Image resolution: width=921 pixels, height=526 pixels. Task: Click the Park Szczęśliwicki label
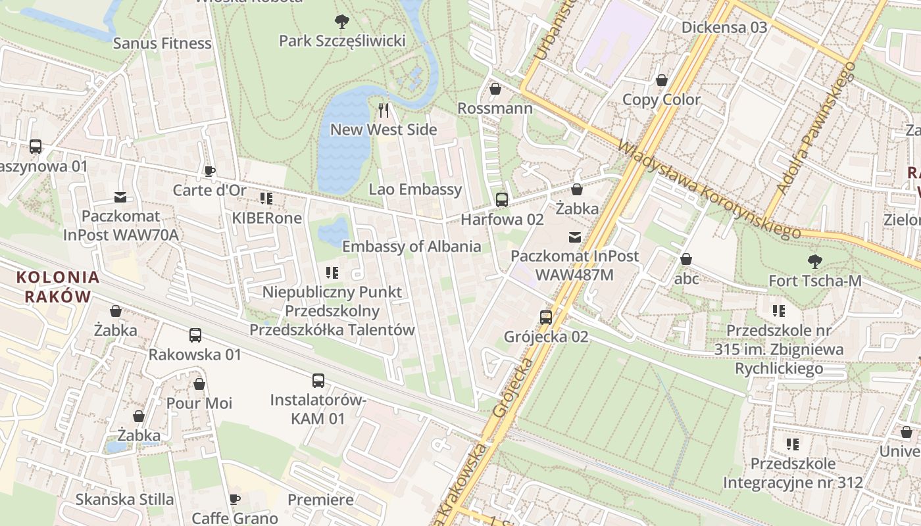[x=342, y=41]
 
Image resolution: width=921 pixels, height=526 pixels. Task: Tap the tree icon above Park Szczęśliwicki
[x=341, y=22]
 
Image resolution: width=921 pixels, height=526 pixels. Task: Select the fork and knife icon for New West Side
[x=384, y=110]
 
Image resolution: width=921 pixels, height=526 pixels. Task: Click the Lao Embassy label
[x=415, y=189]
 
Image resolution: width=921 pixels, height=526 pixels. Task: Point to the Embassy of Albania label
[x=411, y=247]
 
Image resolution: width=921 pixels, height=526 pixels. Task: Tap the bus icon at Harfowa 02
[x=502, y=199]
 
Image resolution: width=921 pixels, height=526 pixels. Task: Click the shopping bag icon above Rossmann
[x=495, y=88]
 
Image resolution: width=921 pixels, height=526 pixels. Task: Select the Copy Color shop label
[x=661, y=100]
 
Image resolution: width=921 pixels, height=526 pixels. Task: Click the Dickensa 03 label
[x=724, y=27]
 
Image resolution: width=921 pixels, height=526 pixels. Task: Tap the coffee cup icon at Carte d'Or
[x=210, y=171]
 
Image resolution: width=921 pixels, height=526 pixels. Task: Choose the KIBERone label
[x=266, y=218]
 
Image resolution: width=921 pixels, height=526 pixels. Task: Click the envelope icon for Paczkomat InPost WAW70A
[x=120, y=197]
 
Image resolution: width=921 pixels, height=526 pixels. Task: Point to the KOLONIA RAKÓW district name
[x=58, y=287]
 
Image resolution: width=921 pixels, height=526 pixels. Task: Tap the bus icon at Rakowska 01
[x=195, y=335]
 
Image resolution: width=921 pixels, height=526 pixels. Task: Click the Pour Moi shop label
[x=199, y=402]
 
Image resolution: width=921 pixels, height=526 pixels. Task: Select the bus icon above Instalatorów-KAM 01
[x=318, y=380]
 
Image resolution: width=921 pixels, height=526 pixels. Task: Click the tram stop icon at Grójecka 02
[x=546, y=317]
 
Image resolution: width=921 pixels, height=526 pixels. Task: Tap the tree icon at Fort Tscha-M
[x=814, y=261]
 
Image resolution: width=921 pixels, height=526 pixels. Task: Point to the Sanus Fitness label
[x=162, y=43]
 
